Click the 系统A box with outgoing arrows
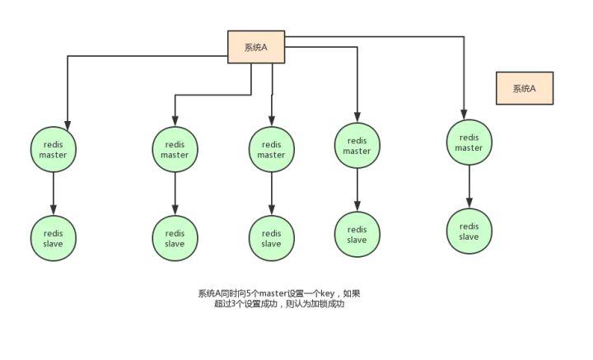256,47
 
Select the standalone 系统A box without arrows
524,88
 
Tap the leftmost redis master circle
53,149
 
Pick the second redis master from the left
175,149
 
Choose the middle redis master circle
271,149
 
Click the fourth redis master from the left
357,145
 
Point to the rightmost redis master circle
469,143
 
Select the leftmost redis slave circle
53,238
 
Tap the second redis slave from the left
175,238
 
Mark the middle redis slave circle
271,238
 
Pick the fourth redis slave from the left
357,234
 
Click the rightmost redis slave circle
469,231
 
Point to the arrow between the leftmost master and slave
53,194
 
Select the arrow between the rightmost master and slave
469,187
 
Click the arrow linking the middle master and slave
271,194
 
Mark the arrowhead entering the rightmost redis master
464,115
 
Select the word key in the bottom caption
328,293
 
